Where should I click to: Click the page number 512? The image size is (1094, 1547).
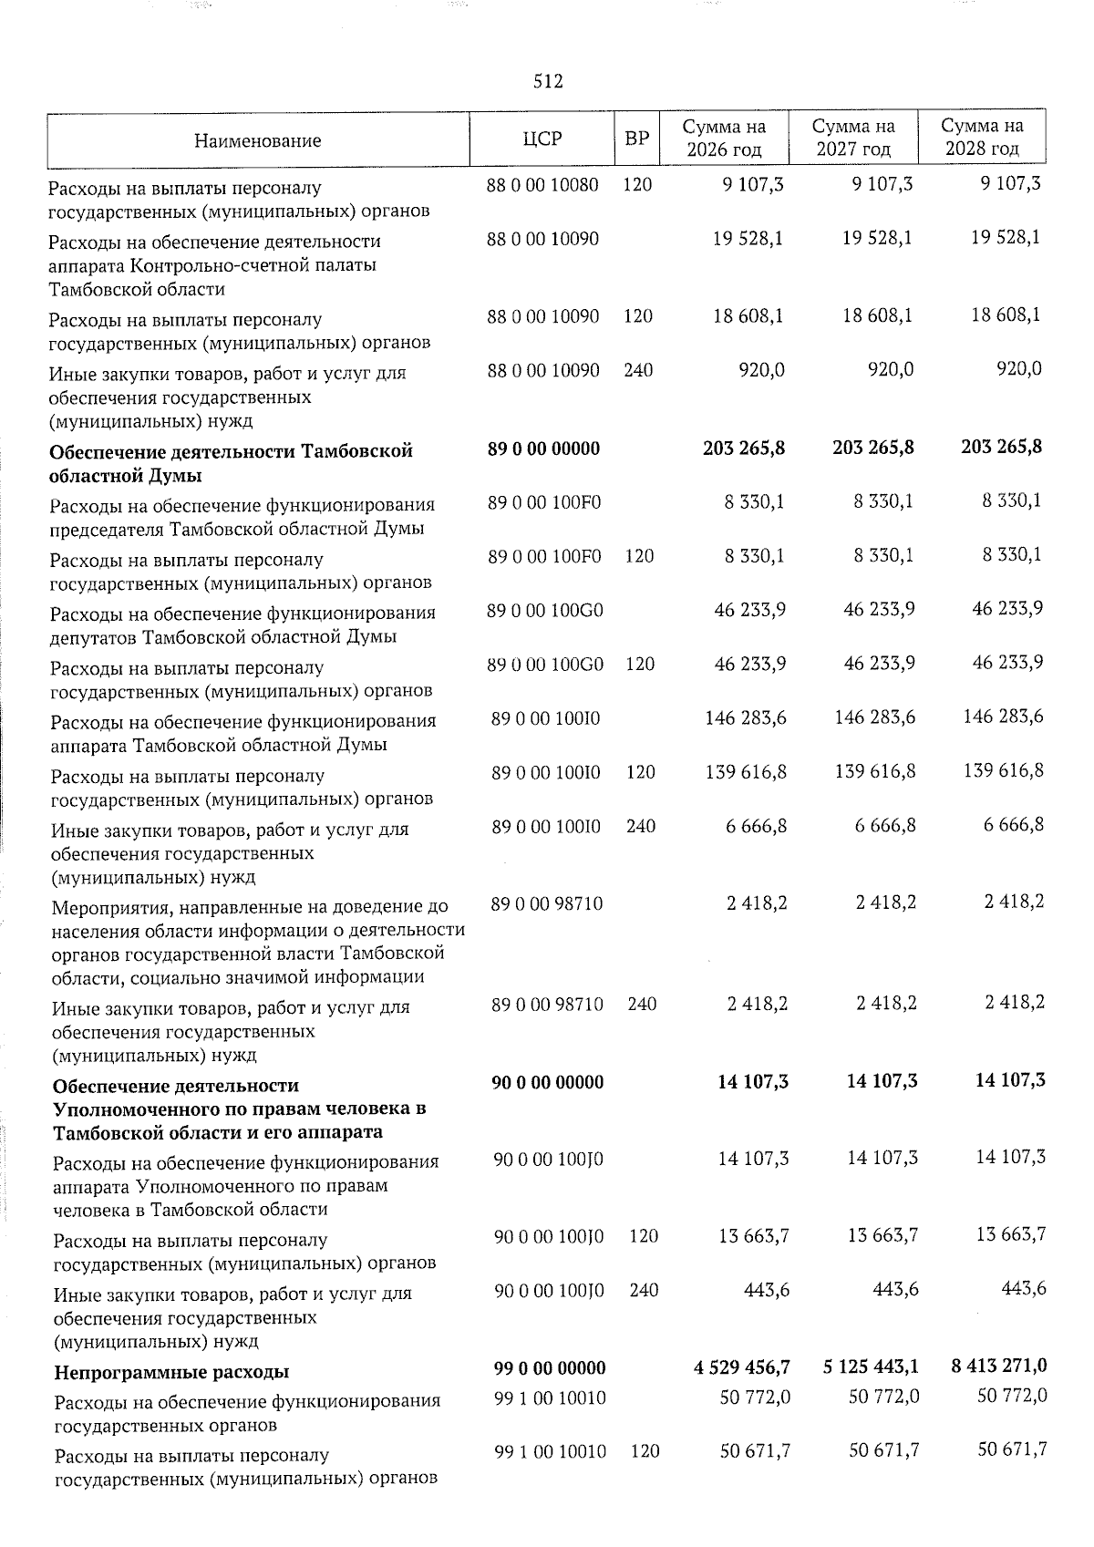[x=548, y=82]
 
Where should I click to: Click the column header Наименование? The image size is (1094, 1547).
[x=258, y=140]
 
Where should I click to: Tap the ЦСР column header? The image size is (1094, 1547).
[x=542, y=139]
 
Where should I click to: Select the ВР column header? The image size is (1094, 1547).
[x=636, y=139]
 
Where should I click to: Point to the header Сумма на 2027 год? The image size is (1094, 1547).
[x=853, y=138]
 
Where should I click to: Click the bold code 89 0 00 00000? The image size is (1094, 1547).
[x=544, y=449]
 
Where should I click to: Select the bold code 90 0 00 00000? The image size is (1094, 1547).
[x=547, y=1082]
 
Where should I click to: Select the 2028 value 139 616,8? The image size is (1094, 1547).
[x=1004, y=771]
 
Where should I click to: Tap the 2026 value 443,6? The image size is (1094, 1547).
[x=766, y=1290]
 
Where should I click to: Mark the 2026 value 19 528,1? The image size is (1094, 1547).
[x=750, y=239]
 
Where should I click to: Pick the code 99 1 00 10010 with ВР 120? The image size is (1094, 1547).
[x=550, y=1451]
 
